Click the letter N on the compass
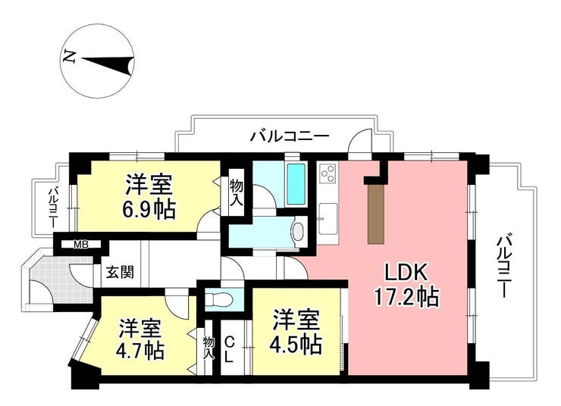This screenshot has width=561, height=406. point(69,57)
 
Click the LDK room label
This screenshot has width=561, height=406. point(406,273)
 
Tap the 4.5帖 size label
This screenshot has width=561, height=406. point(296,343)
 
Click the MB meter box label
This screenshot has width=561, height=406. point(81,245)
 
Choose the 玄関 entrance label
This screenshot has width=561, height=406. point(121,273)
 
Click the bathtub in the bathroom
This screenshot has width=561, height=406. point(296,185)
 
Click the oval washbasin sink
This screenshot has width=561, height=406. point(298,231)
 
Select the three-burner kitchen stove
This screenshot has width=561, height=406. point(328,173)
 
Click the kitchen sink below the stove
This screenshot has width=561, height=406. point(328,219)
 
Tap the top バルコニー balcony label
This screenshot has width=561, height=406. point(290,136)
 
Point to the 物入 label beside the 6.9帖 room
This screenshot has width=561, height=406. point(237,192)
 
